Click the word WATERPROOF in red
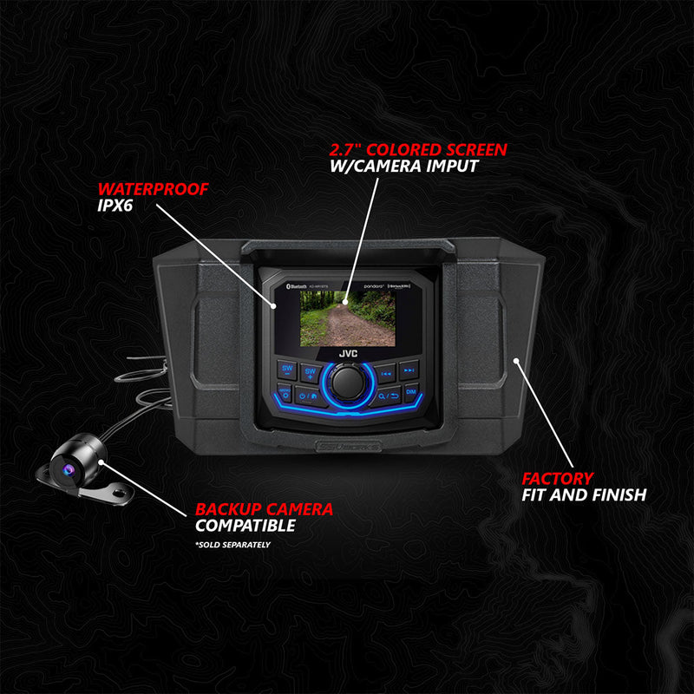pos(153,189)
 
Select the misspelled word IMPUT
pos(448,167)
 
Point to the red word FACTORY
pos(557,478)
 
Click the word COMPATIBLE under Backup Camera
pos(246,526)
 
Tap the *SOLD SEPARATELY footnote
pos(232,545)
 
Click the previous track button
pos(386,371)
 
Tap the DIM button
pos(412,393)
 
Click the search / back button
pos(386,396)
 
